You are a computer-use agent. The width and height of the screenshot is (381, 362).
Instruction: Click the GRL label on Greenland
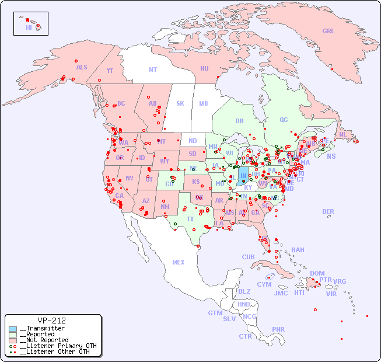click(x=328, y=31)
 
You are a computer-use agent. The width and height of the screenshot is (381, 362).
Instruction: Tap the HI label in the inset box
click(x=29, y=27)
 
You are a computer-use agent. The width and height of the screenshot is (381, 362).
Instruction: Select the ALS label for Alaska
click(x=82, y=67)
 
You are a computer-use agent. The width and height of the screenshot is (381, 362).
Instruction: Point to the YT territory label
click(x=110, y=71)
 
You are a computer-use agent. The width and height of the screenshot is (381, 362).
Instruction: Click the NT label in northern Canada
click(x=153, y=69)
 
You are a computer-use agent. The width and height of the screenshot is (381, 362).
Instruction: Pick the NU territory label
click(x=204, y=68)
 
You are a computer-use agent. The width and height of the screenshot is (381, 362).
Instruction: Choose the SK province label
click(x=180, y=103)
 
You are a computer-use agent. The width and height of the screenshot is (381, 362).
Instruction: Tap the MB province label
click(x=203, y=103)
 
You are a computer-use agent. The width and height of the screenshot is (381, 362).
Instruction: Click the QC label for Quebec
click(x=284, y=120)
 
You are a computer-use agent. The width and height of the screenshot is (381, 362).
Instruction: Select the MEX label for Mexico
click(x=179, y=262)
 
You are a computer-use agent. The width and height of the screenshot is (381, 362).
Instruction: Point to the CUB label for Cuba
click(x=248, y=257)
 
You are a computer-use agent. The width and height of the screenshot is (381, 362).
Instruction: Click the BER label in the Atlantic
click(x=328, y=211)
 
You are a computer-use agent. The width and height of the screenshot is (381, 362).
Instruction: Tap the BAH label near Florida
click(x=298, y=250)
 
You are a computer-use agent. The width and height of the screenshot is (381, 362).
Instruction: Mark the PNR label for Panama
click(x=278, y=329)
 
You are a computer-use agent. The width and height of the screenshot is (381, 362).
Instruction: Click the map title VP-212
click(x=51, y=321)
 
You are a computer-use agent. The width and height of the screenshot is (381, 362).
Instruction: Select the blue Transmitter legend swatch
click(x=13, y=329)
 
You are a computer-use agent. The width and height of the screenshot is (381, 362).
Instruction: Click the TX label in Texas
click(x=190, y=219)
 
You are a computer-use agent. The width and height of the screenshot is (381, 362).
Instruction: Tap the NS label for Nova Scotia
click(x=331, y=156)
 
